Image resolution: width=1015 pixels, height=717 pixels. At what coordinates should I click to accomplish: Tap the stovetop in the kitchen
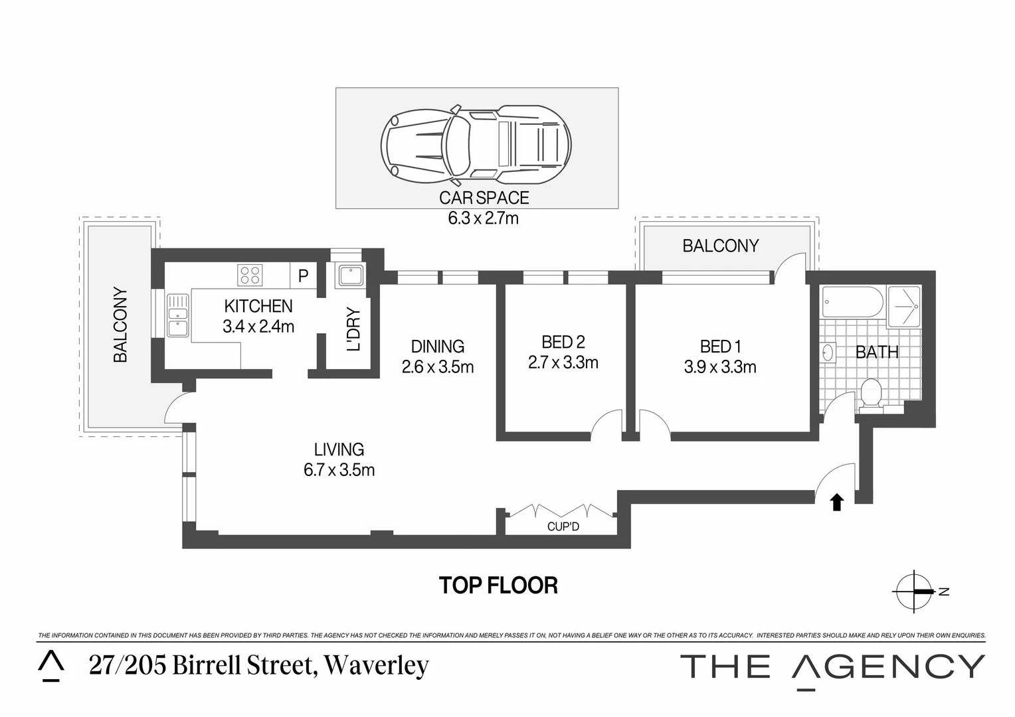[x=250, y=275]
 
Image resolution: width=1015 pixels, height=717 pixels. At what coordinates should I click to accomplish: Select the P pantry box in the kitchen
[x=304, y=276]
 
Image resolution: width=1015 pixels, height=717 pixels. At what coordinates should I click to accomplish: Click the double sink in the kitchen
[x=177, y=316]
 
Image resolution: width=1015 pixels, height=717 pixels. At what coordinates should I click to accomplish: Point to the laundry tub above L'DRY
[x=349, y=276]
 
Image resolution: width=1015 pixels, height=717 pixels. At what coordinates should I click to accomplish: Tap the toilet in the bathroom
[x=870, y=395]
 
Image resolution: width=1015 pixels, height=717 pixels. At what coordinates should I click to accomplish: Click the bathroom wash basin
[x=828, y=353]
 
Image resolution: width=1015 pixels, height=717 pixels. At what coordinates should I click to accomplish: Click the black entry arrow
[x=837, y=503]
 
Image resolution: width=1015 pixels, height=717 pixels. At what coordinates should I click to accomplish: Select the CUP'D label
[x=563, y=527]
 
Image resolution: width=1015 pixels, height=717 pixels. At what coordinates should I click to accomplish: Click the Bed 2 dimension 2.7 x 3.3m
[x=563, y=363]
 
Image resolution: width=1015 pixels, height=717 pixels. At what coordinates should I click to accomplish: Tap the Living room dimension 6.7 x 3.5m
[x=339, y=470]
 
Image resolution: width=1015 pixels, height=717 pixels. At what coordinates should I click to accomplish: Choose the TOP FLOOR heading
[x=498, y=586]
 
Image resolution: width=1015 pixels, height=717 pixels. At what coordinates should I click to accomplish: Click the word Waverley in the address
[x=377, y=666]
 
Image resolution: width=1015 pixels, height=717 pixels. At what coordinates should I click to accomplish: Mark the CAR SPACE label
[x=484, y=198]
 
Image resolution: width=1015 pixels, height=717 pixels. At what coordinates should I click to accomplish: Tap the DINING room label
[x=438, y=347]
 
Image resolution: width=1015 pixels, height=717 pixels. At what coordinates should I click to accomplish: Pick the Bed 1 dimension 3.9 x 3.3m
[x=720, y=367]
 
